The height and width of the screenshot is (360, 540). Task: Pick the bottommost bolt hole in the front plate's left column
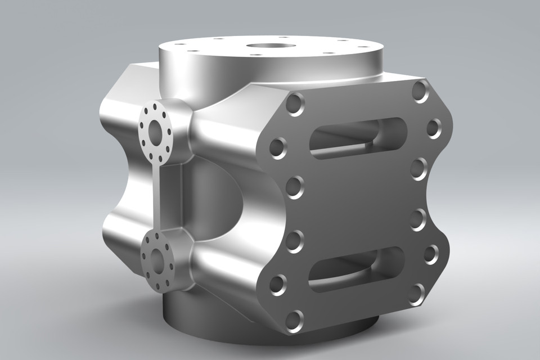pos(294,321)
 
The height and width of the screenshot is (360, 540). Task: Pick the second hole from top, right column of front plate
pos(434,128)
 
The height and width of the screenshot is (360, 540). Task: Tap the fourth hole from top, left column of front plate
pos(294,241)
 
